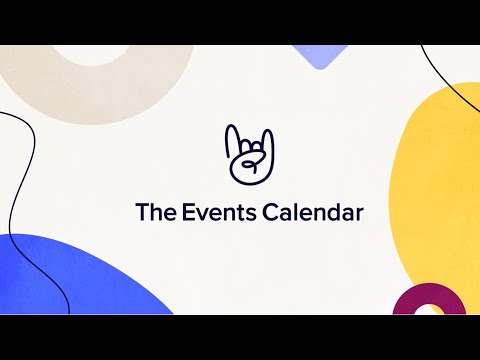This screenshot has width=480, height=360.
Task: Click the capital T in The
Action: coord(141,212)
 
